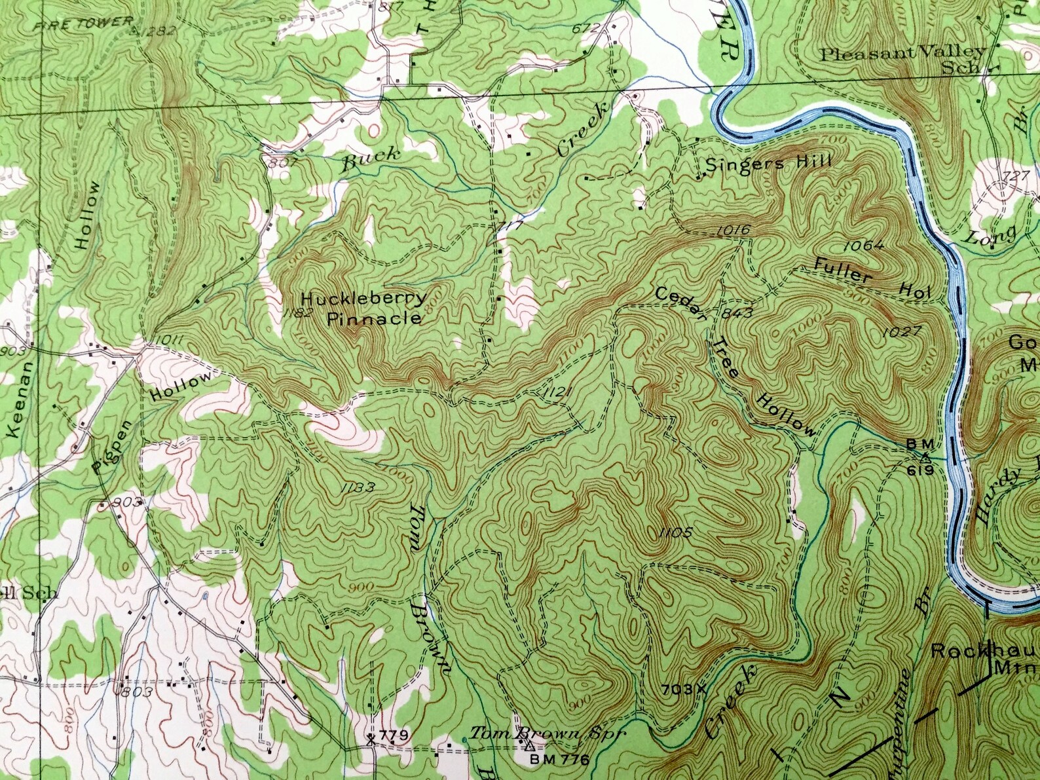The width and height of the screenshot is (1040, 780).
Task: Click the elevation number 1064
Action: tap(864, 246)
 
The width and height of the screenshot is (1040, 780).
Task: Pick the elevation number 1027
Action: tap(901, 332)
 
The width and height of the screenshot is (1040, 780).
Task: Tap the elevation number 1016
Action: tap(733, 229)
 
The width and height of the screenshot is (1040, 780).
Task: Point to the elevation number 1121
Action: tap(558, 392)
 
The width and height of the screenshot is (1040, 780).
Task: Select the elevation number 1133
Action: tap(358, 487)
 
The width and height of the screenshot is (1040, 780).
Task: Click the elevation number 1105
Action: tap(675, 532)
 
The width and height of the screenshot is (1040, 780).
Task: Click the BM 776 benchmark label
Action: tap(559, 760)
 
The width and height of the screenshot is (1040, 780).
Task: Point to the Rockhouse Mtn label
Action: tap(982, 659)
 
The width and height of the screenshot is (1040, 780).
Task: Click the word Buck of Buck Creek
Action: tap(370, 157)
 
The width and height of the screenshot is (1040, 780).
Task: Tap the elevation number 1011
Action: tap(168, 340)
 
